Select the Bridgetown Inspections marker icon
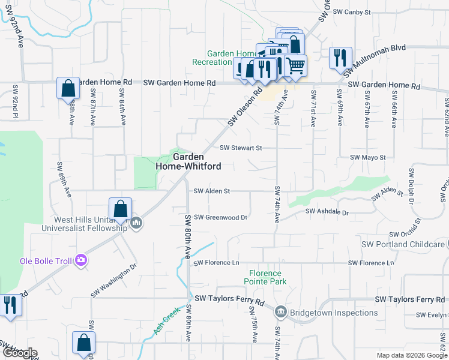281,313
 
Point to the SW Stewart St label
241,148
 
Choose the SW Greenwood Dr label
221,217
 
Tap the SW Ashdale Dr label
327,212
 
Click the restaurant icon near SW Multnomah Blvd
340,58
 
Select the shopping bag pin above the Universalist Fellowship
120,209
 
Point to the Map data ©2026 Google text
412,355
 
